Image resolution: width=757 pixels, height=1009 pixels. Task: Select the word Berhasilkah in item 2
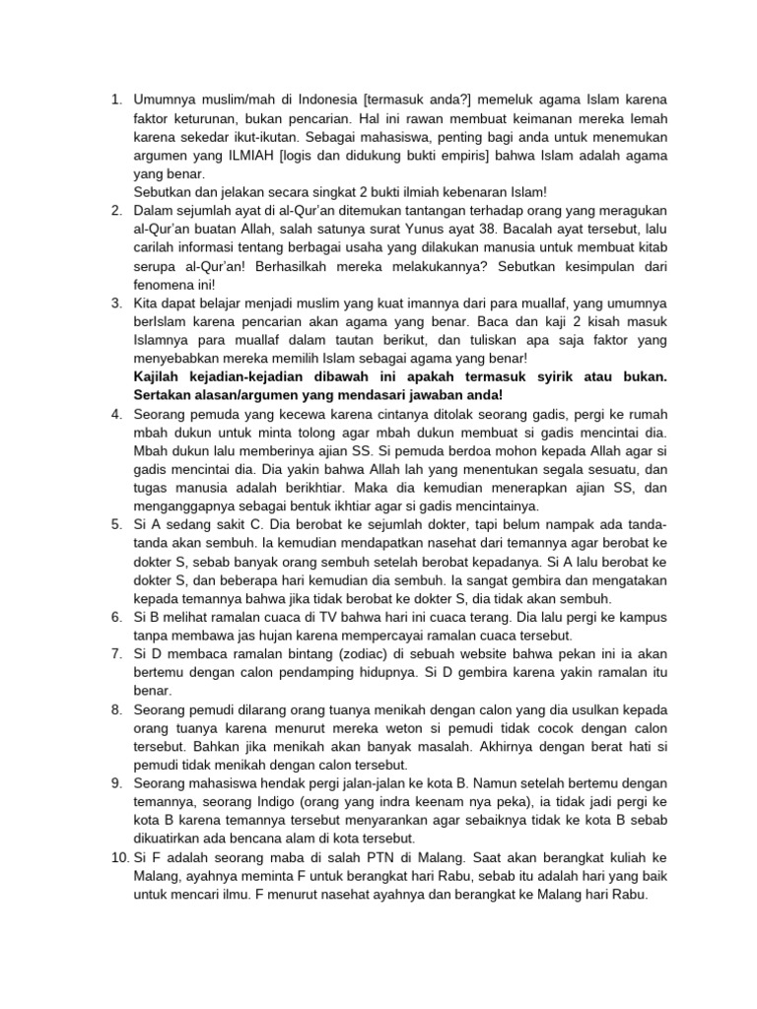pyautogui.click(x=314, y=267)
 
